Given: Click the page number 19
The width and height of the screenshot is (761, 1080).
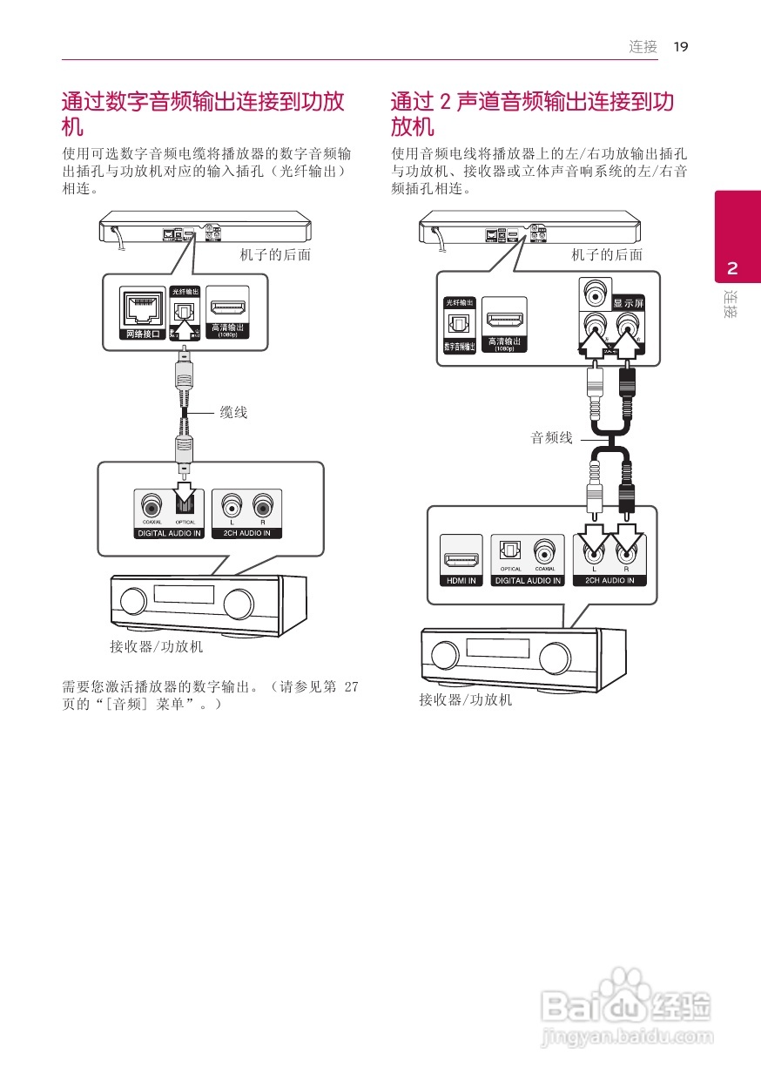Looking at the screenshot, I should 681,47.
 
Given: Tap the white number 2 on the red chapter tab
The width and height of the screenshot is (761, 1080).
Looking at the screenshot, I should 732,267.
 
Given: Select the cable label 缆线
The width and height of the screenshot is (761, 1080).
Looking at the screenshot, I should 233,413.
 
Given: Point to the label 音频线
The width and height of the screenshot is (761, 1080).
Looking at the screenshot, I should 552,438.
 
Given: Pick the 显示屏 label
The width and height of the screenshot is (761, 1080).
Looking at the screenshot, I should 629,303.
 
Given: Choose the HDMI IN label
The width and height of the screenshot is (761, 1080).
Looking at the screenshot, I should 461,580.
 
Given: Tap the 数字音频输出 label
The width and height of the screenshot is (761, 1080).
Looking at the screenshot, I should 459,346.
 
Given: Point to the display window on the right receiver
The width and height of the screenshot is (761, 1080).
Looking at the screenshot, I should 497,649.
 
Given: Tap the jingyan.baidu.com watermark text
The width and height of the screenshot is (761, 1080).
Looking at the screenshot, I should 627,1037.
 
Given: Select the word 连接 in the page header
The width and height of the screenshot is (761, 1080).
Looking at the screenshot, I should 643,47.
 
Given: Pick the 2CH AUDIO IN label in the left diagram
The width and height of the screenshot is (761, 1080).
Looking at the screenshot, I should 246,533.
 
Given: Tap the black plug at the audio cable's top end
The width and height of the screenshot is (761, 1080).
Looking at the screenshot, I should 626,381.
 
